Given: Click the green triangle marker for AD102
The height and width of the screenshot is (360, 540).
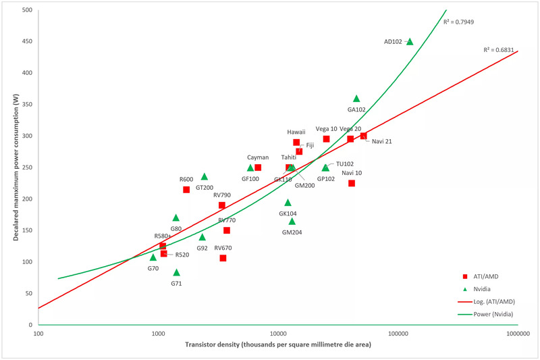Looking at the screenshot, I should tap(410, 41).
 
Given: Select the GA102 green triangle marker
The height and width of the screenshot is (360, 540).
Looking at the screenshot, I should tap(356, 99).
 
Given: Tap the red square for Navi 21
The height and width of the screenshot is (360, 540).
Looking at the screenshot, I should tap(363, 136).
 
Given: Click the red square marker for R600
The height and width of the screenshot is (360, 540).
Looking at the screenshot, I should tap(186, 190).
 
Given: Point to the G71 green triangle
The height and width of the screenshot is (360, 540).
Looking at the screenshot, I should tap(176, 273).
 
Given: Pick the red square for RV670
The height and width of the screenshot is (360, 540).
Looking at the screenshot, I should tap(223, 258).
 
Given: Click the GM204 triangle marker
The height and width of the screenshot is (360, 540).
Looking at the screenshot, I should tap(292, 221).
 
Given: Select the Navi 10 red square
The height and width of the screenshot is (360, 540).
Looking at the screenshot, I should tap(352, 183).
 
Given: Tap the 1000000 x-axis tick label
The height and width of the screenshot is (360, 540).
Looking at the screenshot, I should tap(517, 334).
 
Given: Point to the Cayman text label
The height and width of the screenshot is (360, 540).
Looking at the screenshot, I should tap(258, 157).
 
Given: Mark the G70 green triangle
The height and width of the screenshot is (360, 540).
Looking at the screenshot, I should tap(153, 257).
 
